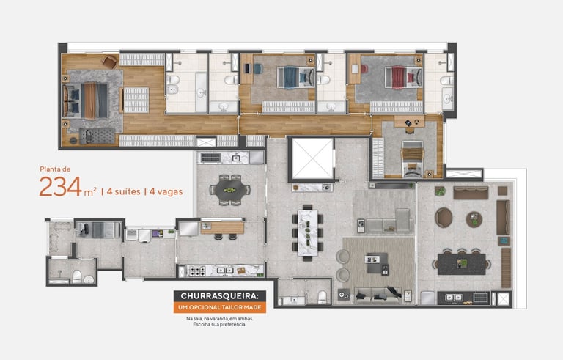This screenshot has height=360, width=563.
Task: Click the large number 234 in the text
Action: tap(61, 186)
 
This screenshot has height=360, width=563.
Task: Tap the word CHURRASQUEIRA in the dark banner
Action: tap(219, 296)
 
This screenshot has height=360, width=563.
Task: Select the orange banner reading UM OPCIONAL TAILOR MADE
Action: tap(220, 307)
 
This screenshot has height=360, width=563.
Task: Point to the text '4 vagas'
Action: tap(166, 191)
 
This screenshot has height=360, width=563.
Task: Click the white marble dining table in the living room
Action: tap(308, 233)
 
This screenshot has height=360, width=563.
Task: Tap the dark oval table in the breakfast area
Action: tap(229, 189)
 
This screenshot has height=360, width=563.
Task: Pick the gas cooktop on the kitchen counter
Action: tap(197, 271)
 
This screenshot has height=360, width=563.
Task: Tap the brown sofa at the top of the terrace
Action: tap(471, 193)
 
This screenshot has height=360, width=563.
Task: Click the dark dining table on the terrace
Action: tap(462, 264)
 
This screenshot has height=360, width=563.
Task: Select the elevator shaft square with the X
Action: tap(312, 158)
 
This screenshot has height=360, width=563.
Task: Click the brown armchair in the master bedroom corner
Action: tap(110, 62)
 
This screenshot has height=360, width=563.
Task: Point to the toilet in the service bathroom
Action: tap(77, 276)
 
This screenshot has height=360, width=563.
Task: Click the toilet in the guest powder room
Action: tap(322, 297)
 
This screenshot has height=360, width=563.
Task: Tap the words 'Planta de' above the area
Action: tap(55, 169)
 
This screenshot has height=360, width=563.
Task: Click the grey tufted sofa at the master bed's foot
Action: tap(97, 136)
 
